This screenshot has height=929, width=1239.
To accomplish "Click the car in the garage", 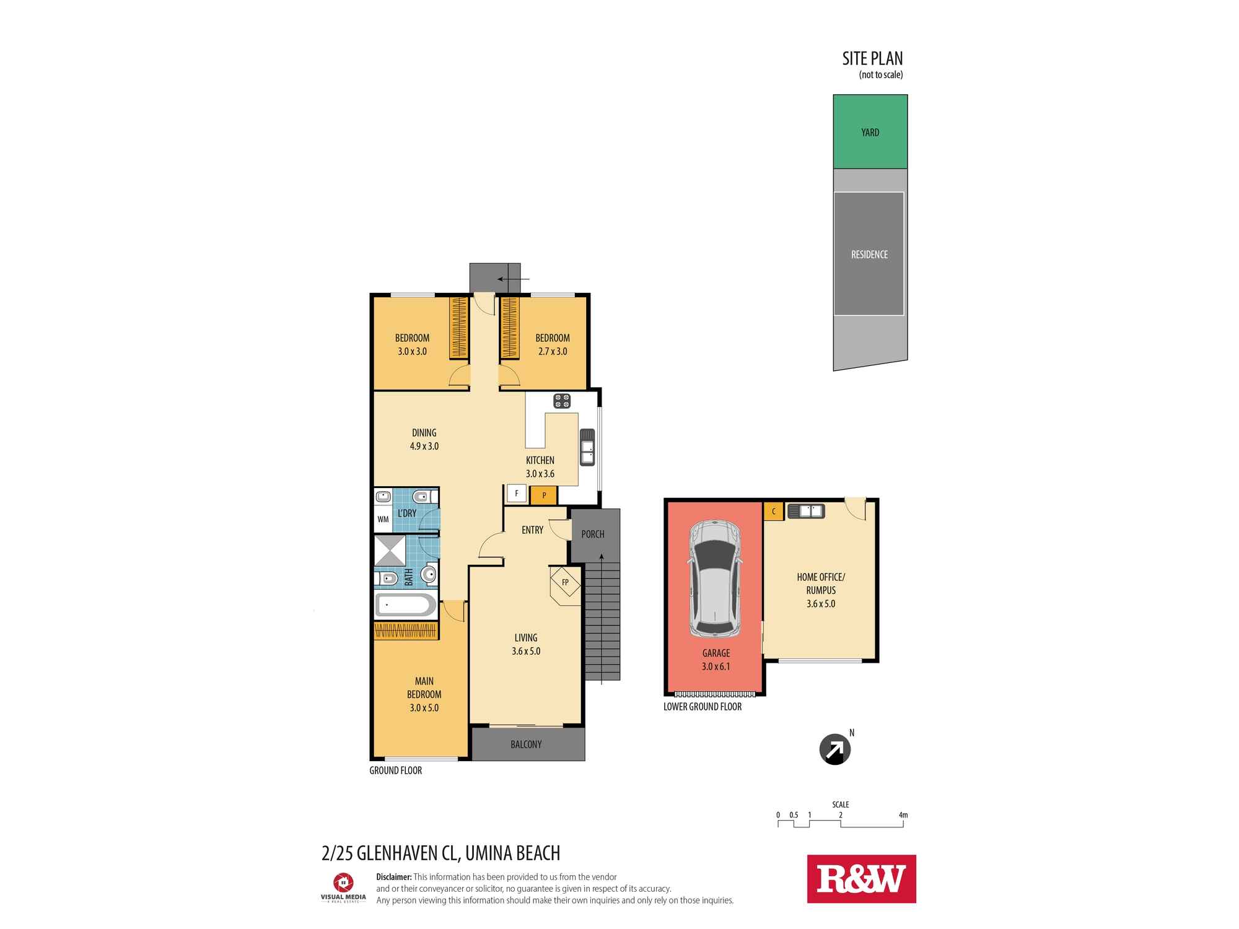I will point(714,579).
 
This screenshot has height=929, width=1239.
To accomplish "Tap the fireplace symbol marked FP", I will point(565,582).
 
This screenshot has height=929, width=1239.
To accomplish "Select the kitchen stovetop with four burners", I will point(562,401).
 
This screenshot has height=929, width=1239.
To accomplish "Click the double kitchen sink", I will point(587,447).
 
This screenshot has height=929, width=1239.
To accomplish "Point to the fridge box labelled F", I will point(516,494).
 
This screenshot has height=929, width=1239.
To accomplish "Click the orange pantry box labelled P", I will point(544,495).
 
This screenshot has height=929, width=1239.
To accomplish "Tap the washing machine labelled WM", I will point(383,519).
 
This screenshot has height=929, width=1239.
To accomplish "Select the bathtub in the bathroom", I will point(406,605).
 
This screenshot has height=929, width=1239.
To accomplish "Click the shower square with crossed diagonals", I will point(390,551).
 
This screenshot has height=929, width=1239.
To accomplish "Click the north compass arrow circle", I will point(834,749).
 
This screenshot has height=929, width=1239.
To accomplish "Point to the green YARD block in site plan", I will point(870,132).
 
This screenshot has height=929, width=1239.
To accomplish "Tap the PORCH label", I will point(593,534).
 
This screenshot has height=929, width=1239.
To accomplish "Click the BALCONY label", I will point(526,744).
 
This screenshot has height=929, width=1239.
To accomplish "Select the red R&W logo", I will point(861,879).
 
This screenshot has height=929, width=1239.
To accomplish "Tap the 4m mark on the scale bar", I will point(903,815).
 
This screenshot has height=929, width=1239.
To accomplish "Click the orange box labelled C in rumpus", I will point(773,512).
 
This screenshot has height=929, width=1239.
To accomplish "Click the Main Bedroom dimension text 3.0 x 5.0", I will point(424,708).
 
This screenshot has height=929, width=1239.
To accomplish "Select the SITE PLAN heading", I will point(872,59).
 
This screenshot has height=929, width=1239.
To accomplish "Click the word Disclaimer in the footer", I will point(394,877).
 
